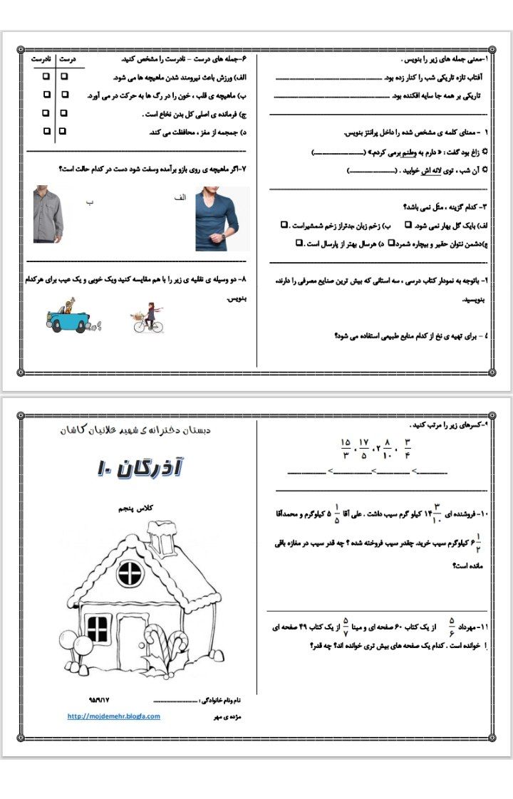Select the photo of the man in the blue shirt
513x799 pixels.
(217, 219)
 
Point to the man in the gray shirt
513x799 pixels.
(48, 214)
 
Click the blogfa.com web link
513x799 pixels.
(114, 716)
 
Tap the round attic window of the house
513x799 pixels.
(130, 571)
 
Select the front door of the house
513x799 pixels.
(132, 641)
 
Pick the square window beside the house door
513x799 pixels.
(98, 628)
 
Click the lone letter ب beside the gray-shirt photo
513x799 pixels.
(89, 202)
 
